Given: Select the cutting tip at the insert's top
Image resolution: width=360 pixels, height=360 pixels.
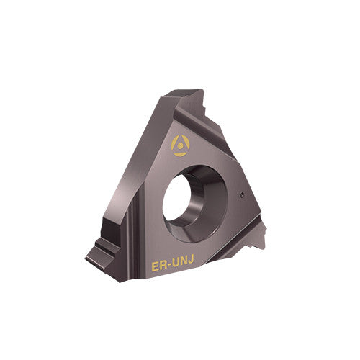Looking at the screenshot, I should [193, 94].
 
